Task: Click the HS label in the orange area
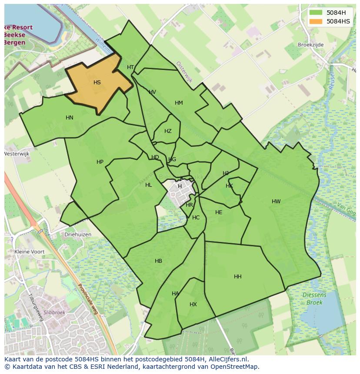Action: pos(97,83)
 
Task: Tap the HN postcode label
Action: pos(70,118)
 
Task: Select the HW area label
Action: pos(276,202)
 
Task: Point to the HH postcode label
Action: pos(238,277)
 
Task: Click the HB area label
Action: pos(158,261)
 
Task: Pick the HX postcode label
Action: pos(193,304)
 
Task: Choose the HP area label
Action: pos(100,162)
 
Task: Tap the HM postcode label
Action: pos(179,103)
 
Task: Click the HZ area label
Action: pos(168,131)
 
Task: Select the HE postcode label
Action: pos(219,212)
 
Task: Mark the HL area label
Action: pos(149,185)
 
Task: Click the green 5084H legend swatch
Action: pos(316,13)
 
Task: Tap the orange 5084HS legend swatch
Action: pos(316,21)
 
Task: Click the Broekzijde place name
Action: pos(311,45)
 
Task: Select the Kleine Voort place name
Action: pos(30,252)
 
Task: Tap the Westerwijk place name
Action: pos(17,154)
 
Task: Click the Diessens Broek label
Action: pos(314,299)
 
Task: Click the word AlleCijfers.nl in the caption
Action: pos(227,359)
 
